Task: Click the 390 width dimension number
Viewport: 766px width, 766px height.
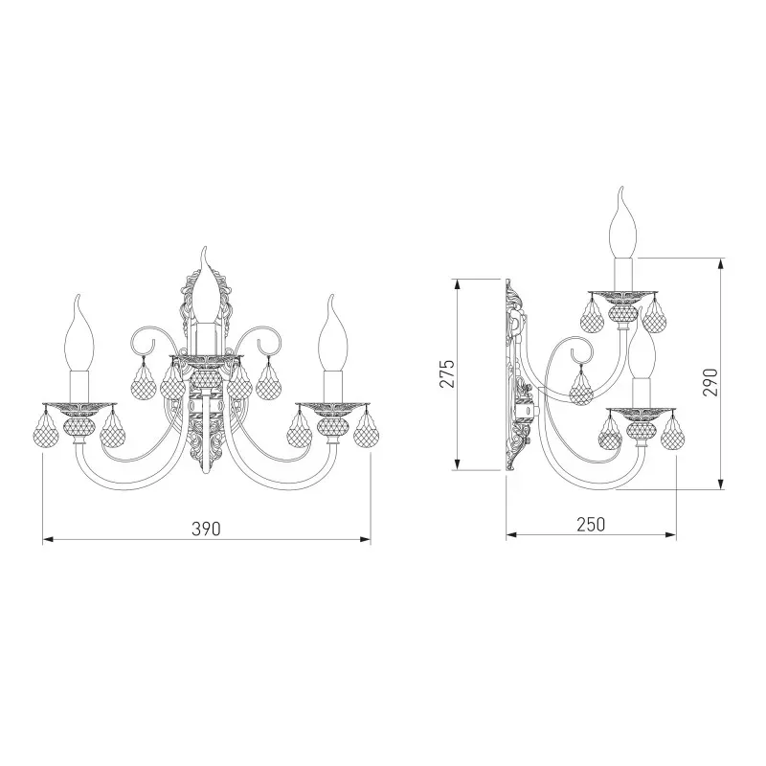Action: [206, 529]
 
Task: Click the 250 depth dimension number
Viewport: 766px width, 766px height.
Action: [591, 524]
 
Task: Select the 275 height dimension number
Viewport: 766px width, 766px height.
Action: [447, 373]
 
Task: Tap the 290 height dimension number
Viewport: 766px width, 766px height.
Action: [710, 382]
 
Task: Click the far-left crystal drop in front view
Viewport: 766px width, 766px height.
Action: [45, 430]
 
